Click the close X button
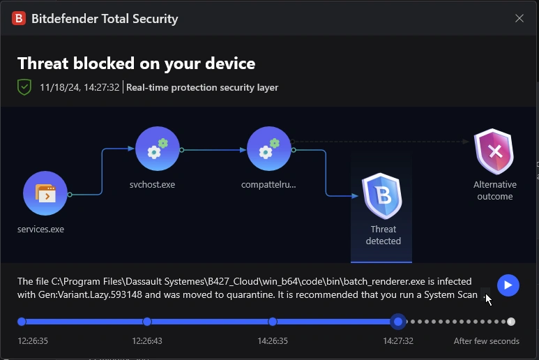point(519,19)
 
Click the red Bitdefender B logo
point(19,19)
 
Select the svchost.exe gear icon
point(158,149)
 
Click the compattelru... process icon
point(269,149)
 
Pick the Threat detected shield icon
point(382,196)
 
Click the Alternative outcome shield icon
point(494,151)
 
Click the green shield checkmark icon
point(24,87)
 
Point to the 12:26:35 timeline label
point(33,341)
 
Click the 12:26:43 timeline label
point(147,341)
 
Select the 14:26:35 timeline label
point(273,341)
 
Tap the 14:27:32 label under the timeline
point(397,341)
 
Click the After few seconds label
point(486,341)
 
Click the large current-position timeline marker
point(398,322)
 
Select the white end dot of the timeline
point(511,322)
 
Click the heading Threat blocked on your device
point(137,63)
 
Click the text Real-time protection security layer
point(202,87)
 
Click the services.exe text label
point(41,229)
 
